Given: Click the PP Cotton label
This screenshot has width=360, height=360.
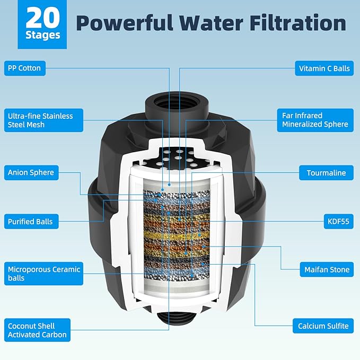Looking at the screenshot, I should [24, 68].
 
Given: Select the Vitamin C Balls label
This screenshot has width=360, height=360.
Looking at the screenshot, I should [323, 68].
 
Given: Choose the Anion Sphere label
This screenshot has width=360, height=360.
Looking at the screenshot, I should [31, 172].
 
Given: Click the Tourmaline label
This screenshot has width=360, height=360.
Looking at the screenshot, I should [326, 172].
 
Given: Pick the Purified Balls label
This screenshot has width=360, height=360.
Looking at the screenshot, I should [30, 221].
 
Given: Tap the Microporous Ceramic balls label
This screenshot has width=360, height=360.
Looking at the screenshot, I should [43, 274].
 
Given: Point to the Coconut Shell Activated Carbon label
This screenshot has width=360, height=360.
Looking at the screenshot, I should [37, 330].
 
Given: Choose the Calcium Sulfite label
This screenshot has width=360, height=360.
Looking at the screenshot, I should [323, 326].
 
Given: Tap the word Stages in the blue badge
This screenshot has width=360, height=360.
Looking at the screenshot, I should [43, 36].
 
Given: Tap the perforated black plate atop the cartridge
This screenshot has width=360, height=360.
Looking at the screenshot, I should [179, 156].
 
